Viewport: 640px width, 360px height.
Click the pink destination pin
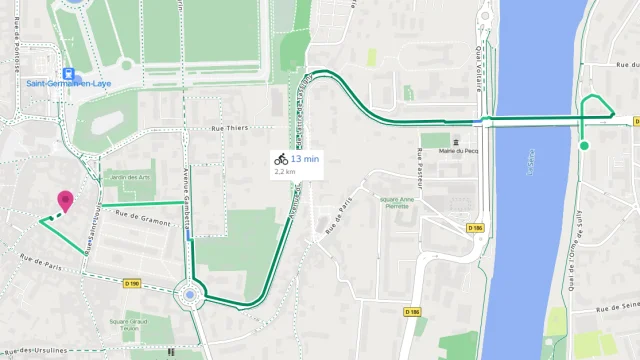coord(66,201)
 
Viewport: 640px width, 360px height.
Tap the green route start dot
coord(584,146)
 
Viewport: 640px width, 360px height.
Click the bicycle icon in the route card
coord(281,159)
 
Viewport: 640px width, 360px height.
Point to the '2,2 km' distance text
coord(285,171)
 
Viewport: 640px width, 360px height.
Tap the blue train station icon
coord(69,73)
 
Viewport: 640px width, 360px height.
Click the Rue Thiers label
coord(229,129)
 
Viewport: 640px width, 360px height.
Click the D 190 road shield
coord(132,283)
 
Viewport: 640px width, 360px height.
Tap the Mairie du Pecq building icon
coord(457,140)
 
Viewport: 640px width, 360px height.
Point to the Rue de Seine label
coord(618,307)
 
